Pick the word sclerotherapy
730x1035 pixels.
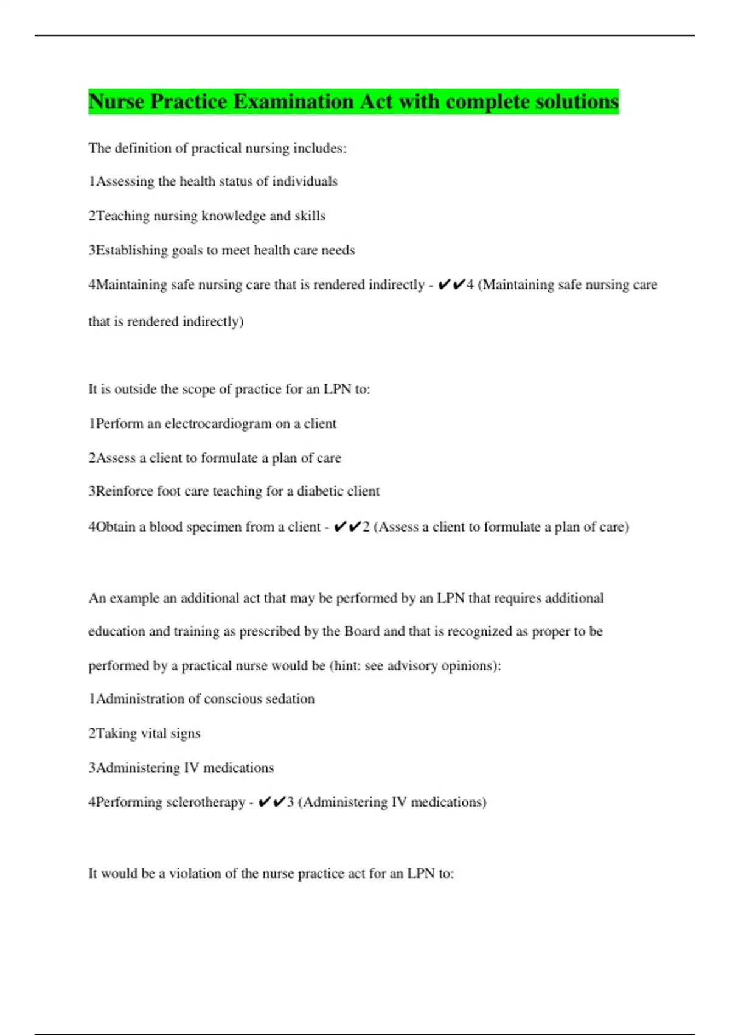(x=206, y=802)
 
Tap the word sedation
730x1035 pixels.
(x=289, y=699)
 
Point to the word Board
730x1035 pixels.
(x=362, y=631)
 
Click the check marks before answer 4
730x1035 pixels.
(x=451, y=284)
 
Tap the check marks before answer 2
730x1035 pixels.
(x=348, y=527)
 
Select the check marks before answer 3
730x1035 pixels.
(x=272, y=802)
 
